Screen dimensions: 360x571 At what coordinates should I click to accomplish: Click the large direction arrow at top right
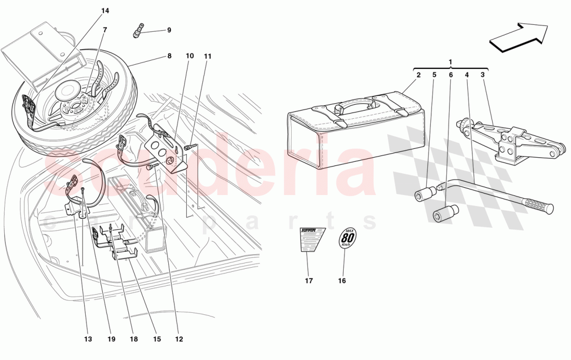[x=519, y=37]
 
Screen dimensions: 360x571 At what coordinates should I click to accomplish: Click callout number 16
[x=342, y=281]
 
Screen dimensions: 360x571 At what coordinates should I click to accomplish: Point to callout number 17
[x=309, y=281]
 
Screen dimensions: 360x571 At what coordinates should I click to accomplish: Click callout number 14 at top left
[x=105, y=11]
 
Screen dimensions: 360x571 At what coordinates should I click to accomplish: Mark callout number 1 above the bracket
[x=450, y=62]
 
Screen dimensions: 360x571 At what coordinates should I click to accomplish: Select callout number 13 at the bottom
[x=87, y=339]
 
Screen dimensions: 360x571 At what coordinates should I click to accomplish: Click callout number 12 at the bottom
[x=179, y=339]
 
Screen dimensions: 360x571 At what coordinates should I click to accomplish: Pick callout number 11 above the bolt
[x=208, y=56]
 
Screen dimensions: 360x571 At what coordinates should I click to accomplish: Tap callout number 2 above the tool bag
[x=418, y=75]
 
